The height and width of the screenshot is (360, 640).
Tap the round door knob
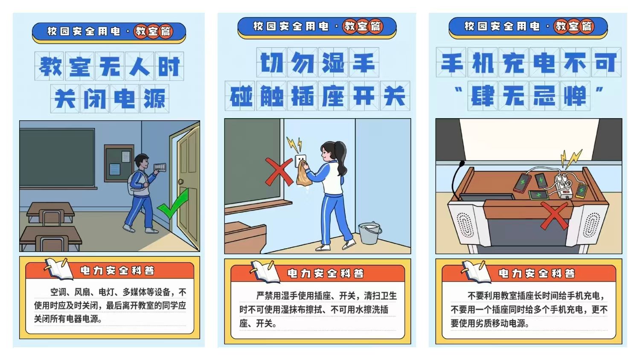click(x=181, y=181)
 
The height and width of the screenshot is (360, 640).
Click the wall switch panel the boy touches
click(x=160, y=168)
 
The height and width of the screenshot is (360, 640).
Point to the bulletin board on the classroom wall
click(x=119, y=163)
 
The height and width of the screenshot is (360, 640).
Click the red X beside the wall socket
click(x=279, y=172)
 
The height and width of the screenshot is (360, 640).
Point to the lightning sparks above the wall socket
click(x=294, y=145)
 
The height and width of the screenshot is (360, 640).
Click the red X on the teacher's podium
click(x=554, y=216)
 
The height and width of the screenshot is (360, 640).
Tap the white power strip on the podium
click(x=563, y=186)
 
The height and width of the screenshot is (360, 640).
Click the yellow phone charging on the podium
click(x=581, y=191)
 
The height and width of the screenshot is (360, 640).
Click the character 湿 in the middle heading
click(x=333, y=63)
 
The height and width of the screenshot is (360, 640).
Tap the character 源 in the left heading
click(x=154, y=98)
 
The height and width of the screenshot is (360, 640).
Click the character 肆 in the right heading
click(x=483, y=96)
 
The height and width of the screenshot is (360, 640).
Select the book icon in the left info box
click(x=59, y=269)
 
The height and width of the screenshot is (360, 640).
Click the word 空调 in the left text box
click(x=58, y=292)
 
